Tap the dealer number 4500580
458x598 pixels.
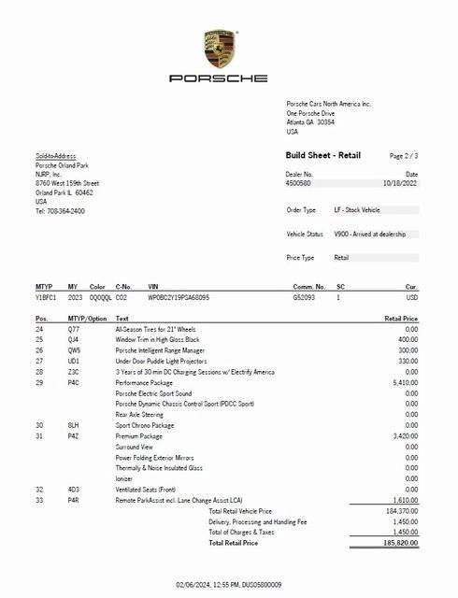pos(299,183)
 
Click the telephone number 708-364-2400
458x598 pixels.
pos(65,211)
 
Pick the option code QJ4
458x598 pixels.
pos(74,339)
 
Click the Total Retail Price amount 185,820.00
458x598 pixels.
pos(400,543)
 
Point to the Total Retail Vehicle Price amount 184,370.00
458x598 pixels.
pos(400,511)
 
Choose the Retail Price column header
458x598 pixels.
pos(400,319)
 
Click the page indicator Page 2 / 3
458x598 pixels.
pos(404,155)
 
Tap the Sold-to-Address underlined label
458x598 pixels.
pos(56,156)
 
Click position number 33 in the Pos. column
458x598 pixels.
pos(39,501)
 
